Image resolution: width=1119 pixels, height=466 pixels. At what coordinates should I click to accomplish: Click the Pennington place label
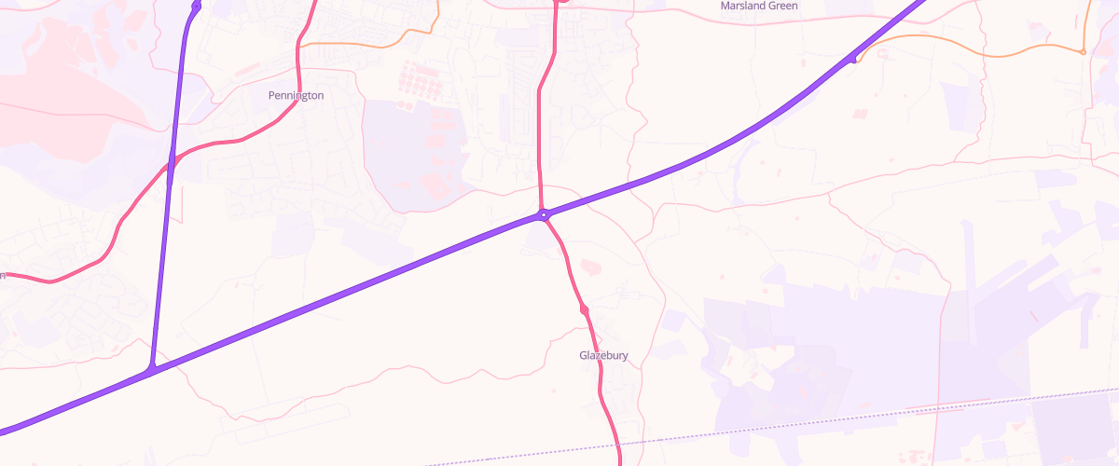point(296,96)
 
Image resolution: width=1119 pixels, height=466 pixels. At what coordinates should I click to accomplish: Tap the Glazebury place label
point(603,356)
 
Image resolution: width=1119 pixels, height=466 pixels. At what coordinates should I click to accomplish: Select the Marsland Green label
point(759,6)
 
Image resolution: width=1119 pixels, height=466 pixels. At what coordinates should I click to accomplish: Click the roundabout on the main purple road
point(543,215)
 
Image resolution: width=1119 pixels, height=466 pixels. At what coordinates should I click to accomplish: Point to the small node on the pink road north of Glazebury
point(584,308)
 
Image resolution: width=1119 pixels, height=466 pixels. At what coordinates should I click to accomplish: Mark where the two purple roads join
point(150,370)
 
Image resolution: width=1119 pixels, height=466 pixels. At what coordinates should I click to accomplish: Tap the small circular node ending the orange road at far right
point(1083,52)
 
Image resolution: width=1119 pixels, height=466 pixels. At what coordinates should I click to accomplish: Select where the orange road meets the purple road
point(854,61)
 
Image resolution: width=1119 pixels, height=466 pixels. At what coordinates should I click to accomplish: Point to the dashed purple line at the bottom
point(746,430)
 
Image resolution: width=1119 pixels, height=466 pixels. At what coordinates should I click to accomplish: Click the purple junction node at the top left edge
point(196,7)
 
